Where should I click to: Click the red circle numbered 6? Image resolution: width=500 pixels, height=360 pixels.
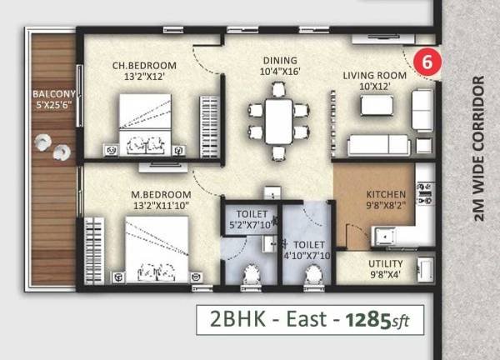tap(427, 62)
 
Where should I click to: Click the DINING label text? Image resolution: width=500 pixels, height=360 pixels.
tap(280, 60)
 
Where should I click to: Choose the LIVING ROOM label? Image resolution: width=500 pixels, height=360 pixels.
tap(374, 75)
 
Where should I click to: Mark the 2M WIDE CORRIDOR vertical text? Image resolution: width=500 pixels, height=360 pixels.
tap(478, 150)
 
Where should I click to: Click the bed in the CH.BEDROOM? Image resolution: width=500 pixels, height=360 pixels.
tap(146, 122)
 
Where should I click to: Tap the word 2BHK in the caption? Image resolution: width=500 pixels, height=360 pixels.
tap(235, 319)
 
